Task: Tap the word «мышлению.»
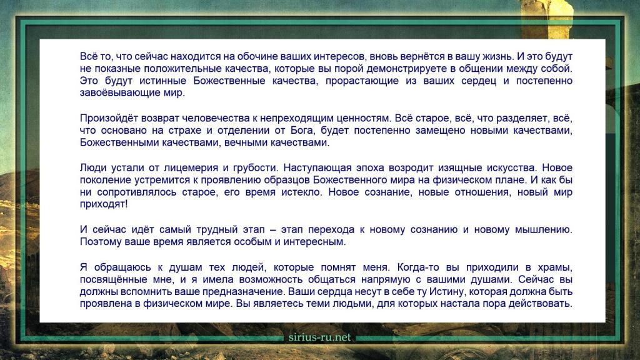pyautogui.click(x=544, y=230)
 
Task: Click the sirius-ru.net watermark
pyautogui.click(x=319, y=337)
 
